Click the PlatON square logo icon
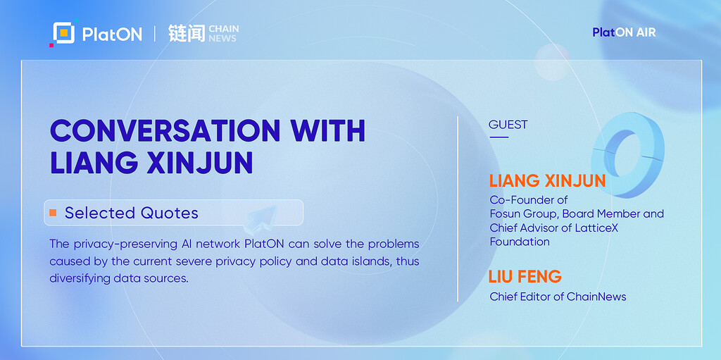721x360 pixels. tap(62, 34)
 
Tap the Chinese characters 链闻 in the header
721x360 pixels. tap(186, 33)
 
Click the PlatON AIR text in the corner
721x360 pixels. tap(624, 32)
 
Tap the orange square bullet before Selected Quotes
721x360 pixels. tap(53, 213)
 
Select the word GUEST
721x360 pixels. tap(508, 125)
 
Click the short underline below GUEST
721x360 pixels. tap(499, 137)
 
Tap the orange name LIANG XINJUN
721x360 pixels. tap(547, 181)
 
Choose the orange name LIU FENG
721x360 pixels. tap(525, 276)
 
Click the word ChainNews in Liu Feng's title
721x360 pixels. tap(596, 297)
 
